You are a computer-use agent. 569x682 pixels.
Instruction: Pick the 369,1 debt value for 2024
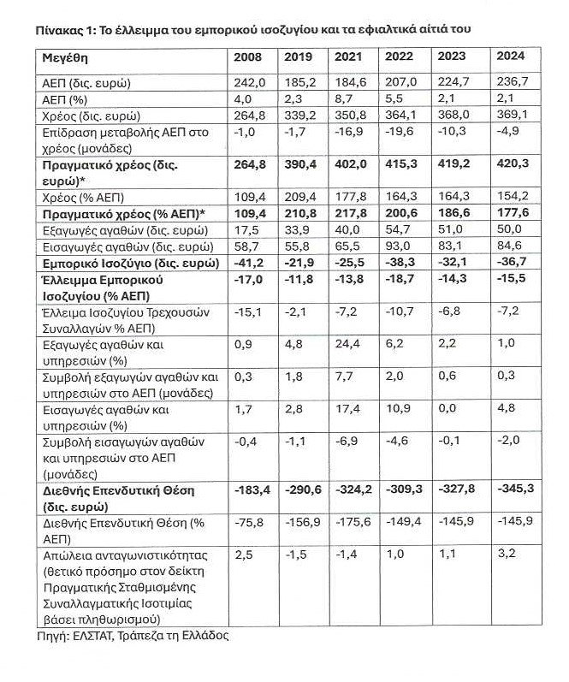pyautogui.click(x=512, y=116)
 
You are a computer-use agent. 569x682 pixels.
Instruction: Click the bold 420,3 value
pyautogui.click(x=512, y=164)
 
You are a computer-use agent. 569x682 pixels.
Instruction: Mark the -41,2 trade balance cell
pyautogui.click(x=250, y=262)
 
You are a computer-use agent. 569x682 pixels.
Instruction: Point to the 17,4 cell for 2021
pyautogui.click(x=346, y=410)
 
